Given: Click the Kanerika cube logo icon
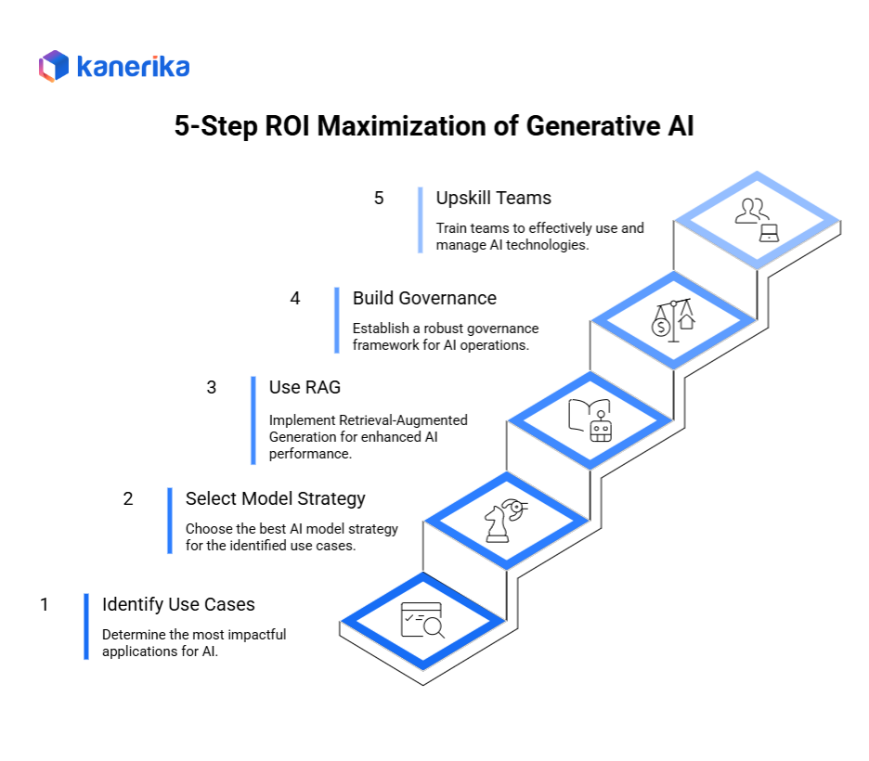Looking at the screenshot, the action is (x=54, y=66).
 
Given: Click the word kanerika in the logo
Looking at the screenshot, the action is (x=133, y=67).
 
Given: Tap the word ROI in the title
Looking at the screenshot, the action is (x=287, y=125).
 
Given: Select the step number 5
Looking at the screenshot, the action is (x=379, y=198).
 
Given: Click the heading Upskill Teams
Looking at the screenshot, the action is (x=493, y=198).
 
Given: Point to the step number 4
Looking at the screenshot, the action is (x=295, y=298).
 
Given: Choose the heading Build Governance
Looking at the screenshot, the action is (x=424, y=298).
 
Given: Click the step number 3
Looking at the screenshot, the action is (x=211, y=387).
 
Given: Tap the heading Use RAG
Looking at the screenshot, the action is (x=305, y=387).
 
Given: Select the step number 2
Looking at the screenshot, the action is (x=128, y=498).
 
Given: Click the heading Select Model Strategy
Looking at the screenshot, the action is (x=276, y=498).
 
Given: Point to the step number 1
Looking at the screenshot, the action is (x=45, y=604).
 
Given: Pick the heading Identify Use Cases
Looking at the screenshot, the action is (x=178, y=604).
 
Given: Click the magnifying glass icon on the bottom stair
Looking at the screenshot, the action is (x=422, y=620).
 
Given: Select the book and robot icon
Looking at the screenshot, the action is (x=590, y=419).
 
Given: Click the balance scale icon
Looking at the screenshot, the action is (x=673, y=320).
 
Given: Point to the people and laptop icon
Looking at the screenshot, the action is (x=757, y=220).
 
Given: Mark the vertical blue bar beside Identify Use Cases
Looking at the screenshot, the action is (x=86, y=626).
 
